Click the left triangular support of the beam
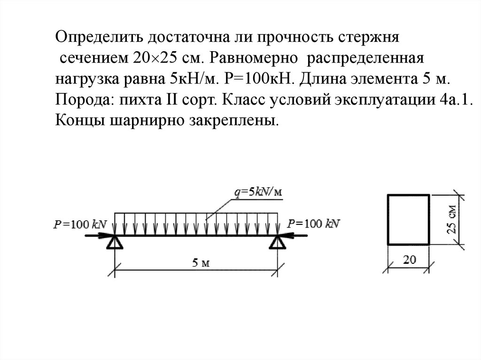coord(115,242)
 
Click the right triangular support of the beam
coord(277,242)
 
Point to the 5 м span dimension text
coord(200,263)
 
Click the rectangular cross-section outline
coord(408,220)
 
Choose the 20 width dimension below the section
coord(409,259)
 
